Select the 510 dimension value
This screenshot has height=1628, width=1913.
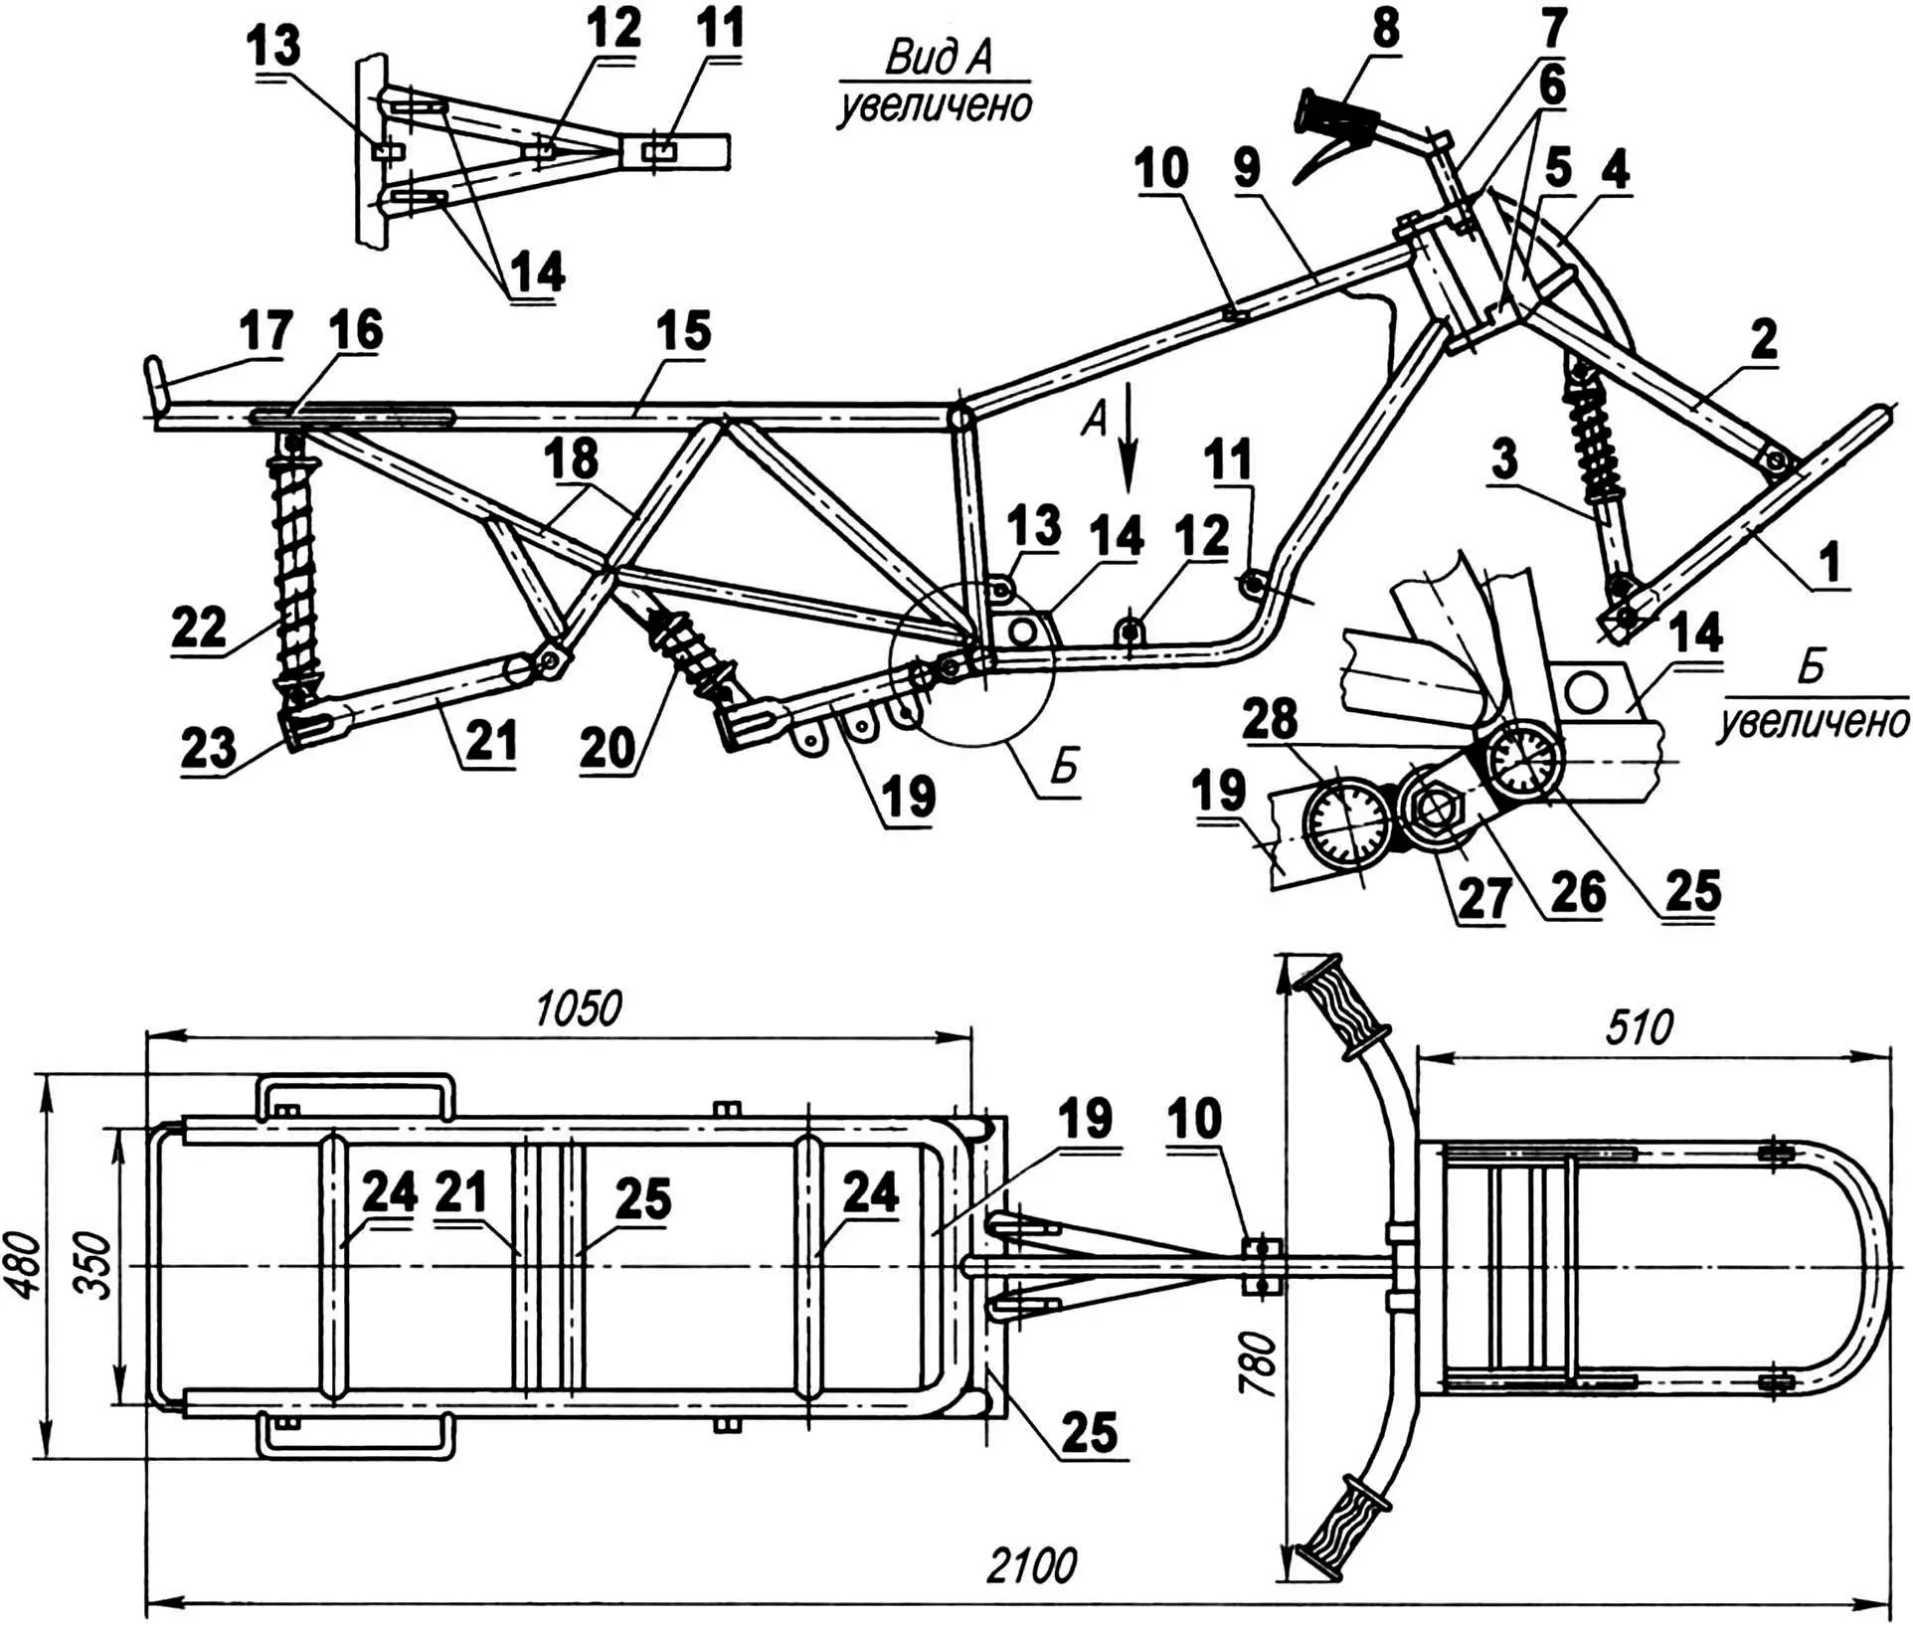[x=1639, y=1026]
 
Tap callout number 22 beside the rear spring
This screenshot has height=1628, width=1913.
[x=200, y=626]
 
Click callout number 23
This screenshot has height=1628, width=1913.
[x=207, y=748]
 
